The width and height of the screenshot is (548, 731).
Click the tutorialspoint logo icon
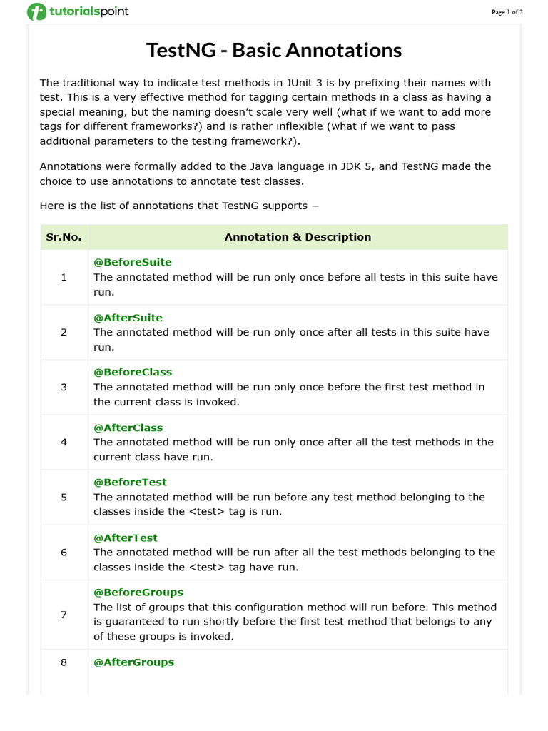point(36,11)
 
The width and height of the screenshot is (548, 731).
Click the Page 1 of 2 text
point(507,12)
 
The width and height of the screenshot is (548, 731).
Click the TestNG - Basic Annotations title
point(274,51)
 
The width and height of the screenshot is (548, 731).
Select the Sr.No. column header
point(64,237)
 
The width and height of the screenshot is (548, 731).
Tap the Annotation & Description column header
point(298,237)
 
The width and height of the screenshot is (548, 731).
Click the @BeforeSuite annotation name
point(133,262)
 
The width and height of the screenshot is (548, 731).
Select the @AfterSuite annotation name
point(128,318)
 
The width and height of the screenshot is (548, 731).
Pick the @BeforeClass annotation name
point(133,373)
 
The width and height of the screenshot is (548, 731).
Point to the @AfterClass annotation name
point(128,428)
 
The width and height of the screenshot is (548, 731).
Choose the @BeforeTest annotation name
point(130,483)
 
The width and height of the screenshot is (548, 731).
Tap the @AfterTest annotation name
point(126,538)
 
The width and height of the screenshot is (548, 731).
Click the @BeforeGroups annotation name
point(138,593)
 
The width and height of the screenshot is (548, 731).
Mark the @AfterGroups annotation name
point(133,662)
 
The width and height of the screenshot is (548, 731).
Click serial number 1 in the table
point(64,277)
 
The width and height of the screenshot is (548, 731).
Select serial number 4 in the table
point(64,443)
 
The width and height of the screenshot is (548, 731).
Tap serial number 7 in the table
point(64,615)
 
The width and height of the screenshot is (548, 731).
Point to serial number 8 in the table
point(64,662)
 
